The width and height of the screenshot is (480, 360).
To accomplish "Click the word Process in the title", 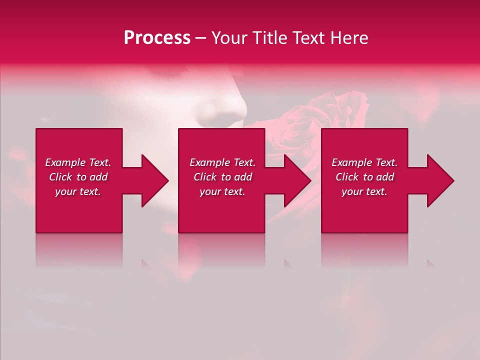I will [x=157, y=38].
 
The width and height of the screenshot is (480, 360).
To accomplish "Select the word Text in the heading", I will [x=309, y=38].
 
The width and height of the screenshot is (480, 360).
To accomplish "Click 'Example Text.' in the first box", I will [x=78, y=162].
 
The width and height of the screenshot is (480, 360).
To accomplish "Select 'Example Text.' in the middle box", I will [x=222, y=162].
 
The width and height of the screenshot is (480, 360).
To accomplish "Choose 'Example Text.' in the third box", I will [x=364, y=162].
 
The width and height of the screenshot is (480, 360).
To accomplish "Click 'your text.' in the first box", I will [x=78, y=191].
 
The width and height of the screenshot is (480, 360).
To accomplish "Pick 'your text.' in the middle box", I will [x=222, y=191].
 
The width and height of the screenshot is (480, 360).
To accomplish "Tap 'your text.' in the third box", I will [x=364, y=191].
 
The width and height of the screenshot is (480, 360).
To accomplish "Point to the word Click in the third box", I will [x=347, y=177].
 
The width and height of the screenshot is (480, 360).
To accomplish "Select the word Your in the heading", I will [x=229, y=38].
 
